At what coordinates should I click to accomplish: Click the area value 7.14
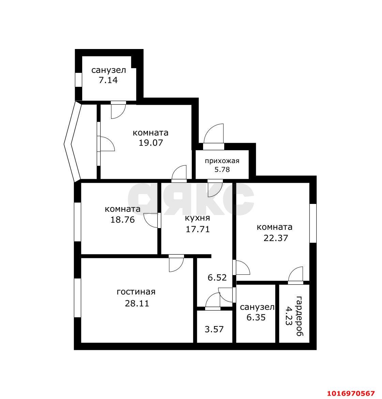point(108,80)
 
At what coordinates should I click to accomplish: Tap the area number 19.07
point(151,143)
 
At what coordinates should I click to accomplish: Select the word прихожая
point(222,161)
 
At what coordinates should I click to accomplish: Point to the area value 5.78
point(222,170)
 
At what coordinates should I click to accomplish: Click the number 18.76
point(122,220)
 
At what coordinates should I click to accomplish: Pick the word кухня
point(197,218)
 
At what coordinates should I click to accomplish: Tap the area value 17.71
point(198,229)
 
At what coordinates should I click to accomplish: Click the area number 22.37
point(276,238)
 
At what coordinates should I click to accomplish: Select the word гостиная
point(136,292)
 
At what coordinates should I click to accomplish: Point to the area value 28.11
point(137,303)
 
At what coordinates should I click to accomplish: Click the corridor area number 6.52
point(217,277)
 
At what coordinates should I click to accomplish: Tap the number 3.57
point(214,329)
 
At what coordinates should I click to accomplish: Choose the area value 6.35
point(256,318)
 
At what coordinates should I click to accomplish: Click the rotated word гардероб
point(300,316)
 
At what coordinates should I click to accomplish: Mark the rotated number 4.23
point(289,316)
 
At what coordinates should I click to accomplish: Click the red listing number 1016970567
point(351,393)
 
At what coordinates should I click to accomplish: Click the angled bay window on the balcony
point(72,142)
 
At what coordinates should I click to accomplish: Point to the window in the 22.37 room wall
point(313,223)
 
